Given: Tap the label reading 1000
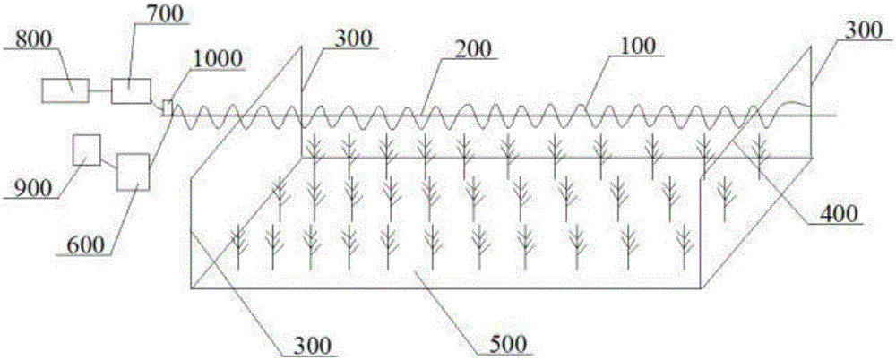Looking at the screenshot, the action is pyautogui.click(x=216, y=59).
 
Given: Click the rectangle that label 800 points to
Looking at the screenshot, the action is pyautogui.click(x=66, y=90).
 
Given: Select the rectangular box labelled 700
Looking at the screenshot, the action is pyautogui.click(x=131, y=90).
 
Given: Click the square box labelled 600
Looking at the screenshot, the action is pyautogui.click(x=132, y=170).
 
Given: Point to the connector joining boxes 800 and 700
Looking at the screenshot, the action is pyautogui.click(x=99, y=90).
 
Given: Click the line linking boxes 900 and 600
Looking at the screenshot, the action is pyautogui.click(x=108, y=162).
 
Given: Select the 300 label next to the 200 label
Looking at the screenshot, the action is pyautogui.click(x=355, y=40).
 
